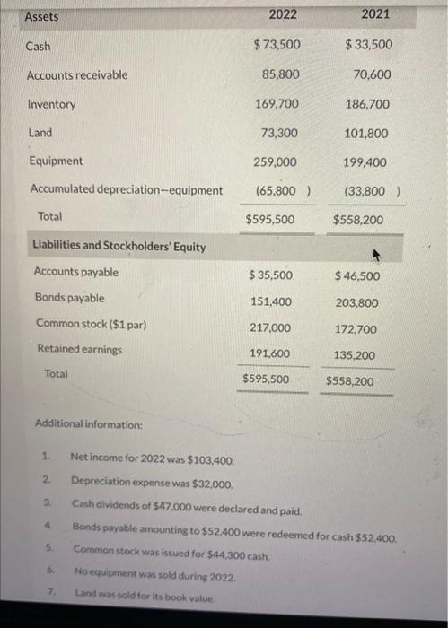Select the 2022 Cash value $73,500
(x=277, y=45)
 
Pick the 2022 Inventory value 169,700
(x=277, y=104)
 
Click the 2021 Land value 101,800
(x=366, y=133)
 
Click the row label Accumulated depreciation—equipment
(x=127, y=190)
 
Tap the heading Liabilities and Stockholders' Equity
(x=119, y=246)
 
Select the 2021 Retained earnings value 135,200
(x=355, y=355)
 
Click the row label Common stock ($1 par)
(x=91, y=323)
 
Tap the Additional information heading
(x=88, y=423)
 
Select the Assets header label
(x=41, y=16)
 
